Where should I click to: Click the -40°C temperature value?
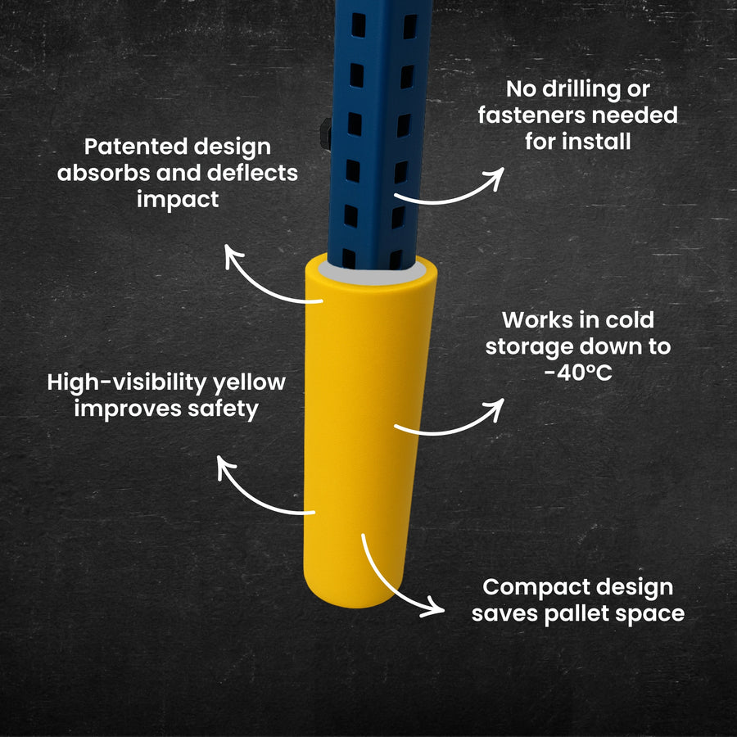coord(578,373)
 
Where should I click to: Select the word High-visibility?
coord(127,383)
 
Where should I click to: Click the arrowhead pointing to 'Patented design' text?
coord(233,255)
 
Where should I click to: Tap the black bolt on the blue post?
coord(326,134)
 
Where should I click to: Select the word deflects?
coord(252,173)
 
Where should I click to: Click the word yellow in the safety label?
coord(249,383)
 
